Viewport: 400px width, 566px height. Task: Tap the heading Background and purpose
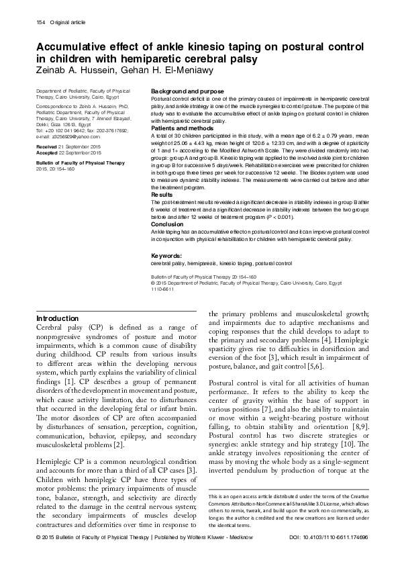click(187, 91)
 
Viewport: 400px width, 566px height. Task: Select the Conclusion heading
click(168, 224)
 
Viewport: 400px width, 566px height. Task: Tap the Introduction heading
click(57, 318)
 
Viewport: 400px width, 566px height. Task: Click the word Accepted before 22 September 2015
click(50, 153)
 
